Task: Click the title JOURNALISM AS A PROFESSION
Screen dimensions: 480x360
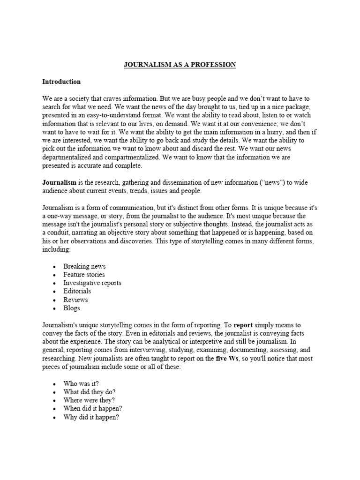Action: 180,64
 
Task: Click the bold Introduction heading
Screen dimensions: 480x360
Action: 61,82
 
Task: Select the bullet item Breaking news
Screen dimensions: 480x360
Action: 84,266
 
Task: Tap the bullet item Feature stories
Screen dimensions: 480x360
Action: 84,275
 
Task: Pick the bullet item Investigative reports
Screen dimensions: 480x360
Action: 92,283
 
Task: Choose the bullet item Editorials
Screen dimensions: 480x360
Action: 77,292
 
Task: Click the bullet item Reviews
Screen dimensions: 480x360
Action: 75,300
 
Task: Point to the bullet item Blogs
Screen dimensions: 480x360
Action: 72,308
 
